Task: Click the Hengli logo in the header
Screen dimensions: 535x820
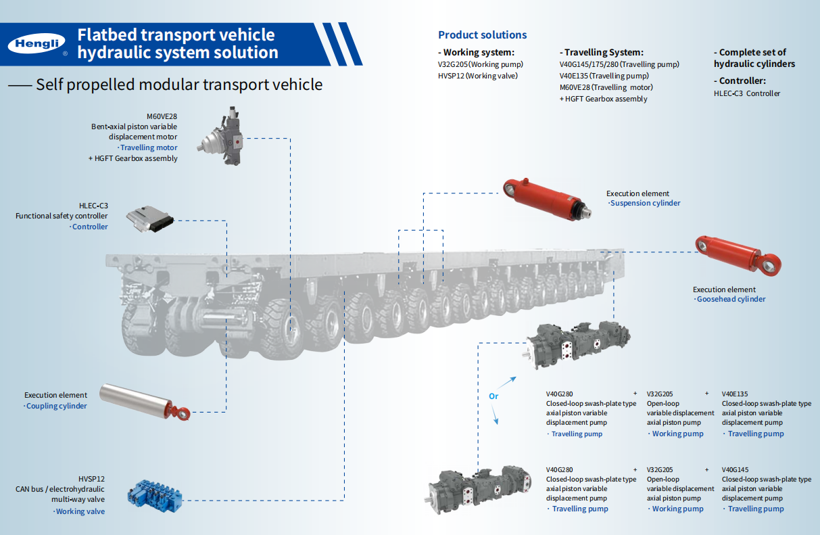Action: [x=37, y=44]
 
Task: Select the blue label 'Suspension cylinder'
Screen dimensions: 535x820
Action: [x=645, y=203]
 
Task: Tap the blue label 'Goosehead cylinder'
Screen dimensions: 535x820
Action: [x=731, y=299]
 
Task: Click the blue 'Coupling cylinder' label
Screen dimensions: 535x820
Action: [x=56, y=406]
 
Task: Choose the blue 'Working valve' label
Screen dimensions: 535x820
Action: [x=80, y=511]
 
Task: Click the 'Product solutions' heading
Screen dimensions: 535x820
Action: [x=482, y=35]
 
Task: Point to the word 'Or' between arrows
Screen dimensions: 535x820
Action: [x=493, y=396]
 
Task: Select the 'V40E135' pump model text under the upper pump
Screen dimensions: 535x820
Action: [x=735, y=394]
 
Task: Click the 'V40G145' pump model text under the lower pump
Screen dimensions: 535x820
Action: [x=735, y=469]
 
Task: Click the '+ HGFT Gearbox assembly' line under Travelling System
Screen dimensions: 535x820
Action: [x=603, y=99]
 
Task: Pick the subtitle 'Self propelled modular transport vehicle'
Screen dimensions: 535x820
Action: [x=179, y=85]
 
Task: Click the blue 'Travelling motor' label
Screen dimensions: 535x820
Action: [x=147, y=147]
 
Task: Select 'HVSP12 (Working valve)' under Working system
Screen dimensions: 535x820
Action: [x=478, y=76]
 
